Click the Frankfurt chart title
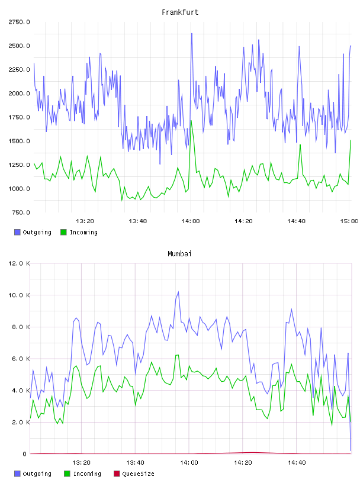(x=180, y=12)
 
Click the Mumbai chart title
(x=179, y=254)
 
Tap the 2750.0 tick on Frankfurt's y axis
(x=19, y=22)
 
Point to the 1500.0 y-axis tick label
(x=19, y=141)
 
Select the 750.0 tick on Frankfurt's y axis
(x=21, y=212)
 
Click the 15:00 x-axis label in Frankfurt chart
(x=349, y=221)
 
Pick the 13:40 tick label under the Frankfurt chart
(x=138, y=221)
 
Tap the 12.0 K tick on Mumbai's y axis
(x=19, y=263)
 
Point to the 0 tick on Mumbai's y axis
(x=25, y=454)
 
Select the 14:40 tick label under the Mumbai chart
(x=297, y=463)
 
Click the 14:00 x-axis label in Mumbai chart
(x=189, y=463)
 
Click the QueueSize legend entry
(x=134, y=474)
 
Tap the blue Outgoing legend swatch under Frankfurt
(x=17, y=232)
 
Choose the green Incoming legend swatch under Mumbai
(x=67, y=474)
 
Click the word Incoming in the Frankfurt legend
(x=84, y=232)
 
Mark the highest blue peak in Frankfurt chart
(x=192, y=34)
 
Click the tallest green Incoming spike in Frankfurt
(x=191, y=121)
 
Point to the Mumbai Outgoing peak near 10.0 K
(x=178, y=292)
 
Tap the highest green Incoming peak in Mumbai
(x=178, y=355)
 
